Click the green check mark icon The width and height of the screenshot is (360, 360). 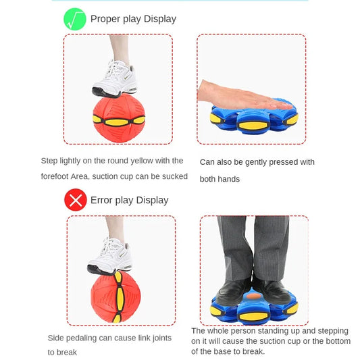tap(75, 19)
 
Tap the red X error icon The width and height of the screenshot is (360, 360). tap(76, 200)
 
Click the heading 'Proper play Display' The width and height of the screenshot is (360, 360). tap(133, 19)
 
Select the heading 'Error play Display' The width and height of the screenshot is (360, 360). tap(130, 200)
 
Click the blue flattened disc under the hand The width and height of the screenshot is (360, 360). tap(254, 120)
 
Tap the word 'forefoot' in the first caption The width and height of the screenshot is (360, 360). tap(57, 177)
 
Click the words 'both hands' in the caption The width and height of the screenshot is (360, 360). tap(220, 179)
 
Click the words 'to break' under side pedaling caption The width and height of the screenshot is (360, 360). tap(62, 352)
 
